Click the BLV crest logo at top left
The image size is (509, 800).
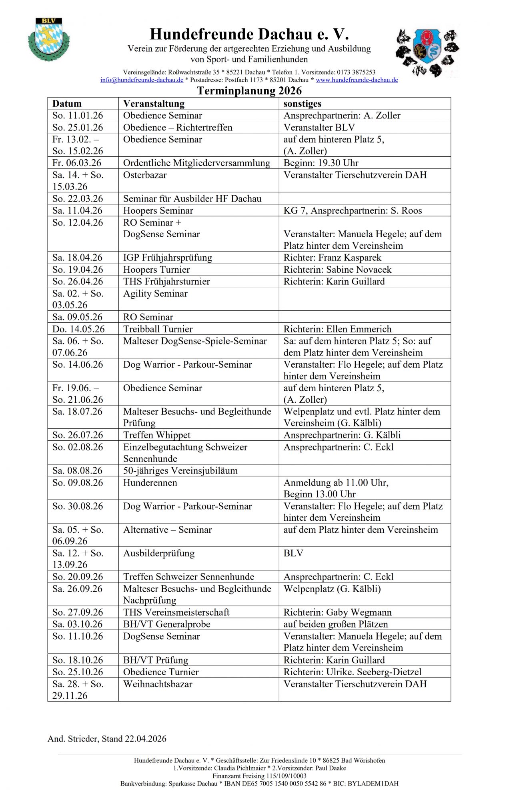tap(49, 39)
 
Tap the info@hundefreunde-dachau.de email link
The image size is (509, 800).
tap(142, 80)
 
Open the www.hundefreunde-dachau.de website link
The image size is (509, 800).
tap(357, 80)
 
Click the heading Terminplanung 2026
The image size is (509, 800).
tap(249, 91)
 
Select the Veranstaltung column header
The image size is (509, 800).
tap(154, 104)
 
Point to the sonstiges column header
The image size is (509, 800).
tap(302, 104)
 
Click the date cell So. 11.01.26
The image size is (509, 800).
tap(78, 116)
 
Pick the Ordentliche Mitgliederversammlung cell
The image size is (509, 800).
tap(196, 163)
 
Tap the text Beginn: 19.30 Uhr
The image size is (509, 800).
tap(321, 163)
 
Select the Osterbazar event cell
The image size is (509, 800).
tap(145, 175)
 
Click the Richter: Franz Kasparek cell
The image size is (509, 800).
tap(332, 258)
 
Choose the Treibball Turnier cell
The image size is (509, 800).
tap(158, 329)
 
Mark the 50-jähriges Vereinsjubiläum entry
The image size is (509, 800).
tap(180, 471)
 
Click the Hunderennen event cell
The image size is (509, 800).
tap(150, 483)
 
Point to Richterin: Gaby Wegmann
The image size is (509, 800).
tap(337, 612)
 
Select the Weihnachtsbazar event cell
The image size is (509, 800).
tap(158, 684)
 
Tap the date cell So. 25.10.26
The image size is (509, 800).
tap(78, 672)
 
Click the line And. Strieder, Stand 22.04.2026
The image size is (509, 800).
tap(107, 739)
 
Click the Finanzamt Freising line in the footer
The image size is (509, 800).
tap(259, 776)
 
